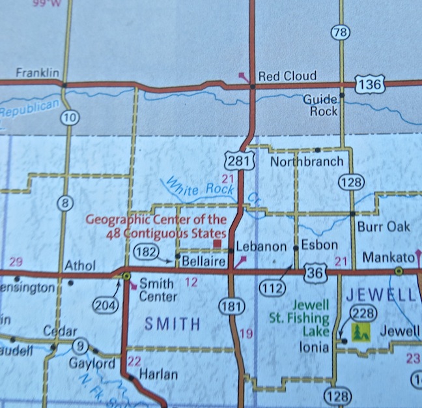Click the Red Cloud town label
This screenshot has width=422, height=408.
pos(287,76)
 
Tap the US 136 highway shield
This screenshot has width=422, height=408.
pos(370,83)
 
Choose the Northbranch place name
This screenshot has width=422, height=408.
pos(301,161)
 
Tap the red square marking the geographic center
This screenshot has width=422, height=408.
pos(218,244)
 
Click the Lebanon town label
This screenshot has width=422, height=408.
pos(260,246)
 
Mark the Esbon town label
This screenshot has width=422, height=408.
pos(320,246)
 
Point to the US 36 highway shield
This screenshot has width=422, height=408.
pos(315,273)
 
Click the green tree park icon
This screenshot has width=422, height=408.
pos(359,331)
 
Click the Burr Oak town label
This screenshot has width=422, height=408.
pos(384,226)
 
